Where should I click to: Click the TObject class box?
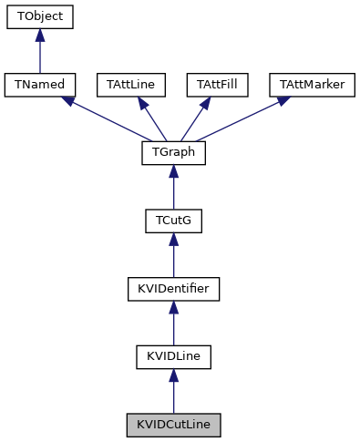tap(39, 17)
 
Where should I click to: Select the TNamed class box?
tap(39, 85)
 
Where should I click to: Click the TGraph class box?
tap(173, 153)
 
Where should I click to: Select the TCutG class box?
tap(173, 221)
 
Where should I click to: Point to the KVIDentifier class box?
tap(173, 289)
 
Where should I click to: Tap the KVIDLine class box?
tap(173, 356)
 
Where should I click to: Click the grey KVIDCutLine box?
tap(173, 425)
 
